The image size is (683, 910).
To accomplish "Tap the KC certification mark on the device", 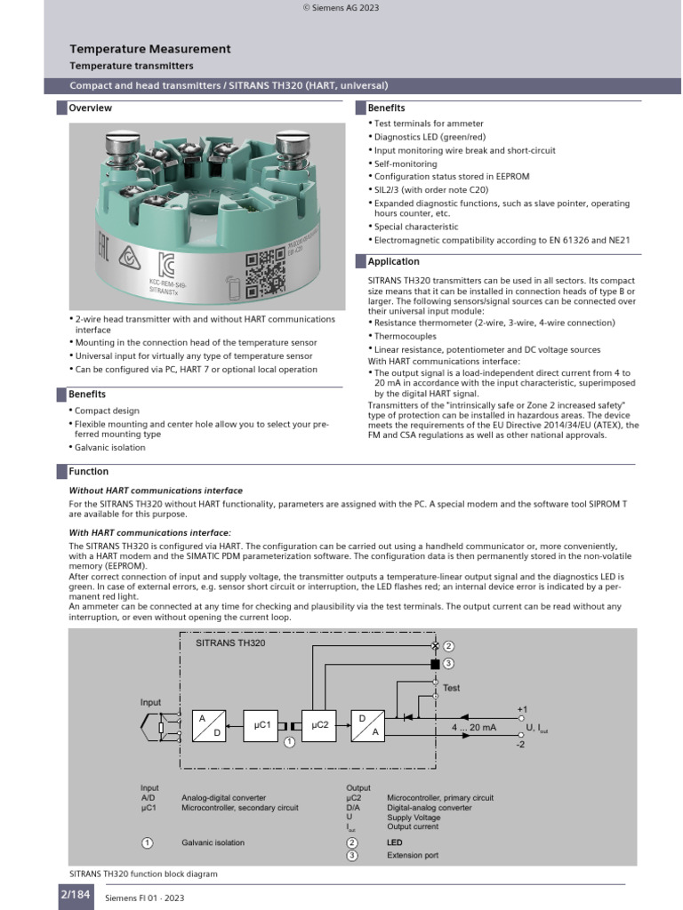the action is (166, 265).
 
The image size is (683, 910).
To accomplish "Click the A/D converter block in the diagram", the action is (209, 725).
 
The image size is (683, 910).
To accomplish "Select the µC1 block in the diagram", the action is (261, 725).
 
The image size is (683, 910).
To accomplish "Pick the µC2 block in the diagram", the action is (319, 725).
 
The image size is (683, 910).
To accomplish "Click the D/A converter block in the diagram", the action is (368, 725).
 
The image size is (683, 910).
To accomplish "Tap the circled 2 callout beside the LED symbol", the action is (448, 646).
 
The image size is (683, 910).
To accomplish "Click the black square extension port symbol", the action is (435, 664).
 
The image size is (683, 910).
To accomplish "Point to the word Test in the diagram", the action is (451, 688).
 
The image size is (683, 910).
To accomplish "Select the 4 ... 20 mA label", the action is (474, 727).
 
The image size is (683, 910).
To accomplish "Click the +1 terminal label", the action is (522, 709).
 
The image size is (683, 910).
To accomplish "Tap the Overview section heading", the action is (90, 108).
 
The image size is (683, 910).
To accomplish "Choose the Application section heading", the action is (393, 262).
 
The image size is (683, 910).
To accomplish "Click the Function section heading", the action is (88, 471).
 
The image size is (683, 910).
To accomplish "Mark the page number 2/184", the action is (76, 894).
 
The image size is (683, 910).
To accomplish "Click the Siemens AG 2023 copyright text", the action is (341, 7).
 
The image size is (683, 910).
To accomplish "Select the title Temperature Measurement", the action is (149, 49).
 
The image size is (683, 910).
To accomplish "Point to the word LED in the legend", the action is (394, 842).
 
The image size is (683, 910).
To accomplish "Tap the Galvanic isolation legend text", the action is (213, 842).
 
